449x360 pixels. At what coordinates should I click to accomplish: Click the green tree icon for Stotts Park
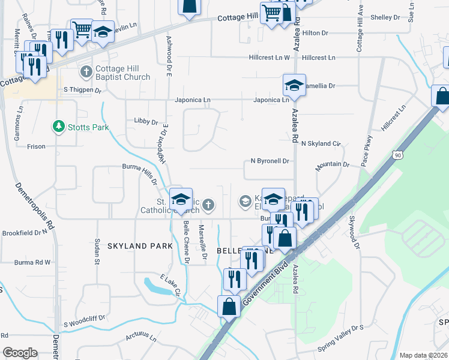[x=58, y=127]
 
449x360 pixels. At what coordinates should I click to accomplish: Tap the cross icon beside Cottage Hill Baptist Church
[x=86, y=72]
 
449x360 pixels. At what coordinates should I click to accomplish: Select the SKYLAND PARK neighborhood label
[x=140, y=246]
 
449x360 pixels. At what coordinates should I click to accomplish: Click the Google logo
[x=20, y=353]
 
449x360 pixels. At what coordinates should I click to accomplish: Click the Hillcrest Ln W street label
[x=270, y=58]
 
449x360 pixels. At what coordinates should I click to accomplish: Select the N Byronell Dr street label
[x=270, y=161]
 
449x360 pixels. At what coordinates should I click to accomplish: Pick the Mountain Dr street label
[x=333, y=164]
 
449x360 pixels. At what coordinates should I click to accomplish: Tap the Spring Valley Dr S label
[x=341, y=329]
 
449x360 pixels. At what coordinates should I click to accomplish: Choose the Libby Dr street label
[x=145, y=121]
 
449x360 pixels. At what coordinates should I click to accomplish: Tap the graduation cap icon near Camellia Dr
[x=294, y=85]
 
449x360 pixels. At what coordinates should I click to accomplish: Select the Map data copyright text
[x=423, y=355]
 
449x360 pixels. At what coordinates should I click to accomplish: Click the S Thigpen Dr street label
[x=83, y=89]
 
